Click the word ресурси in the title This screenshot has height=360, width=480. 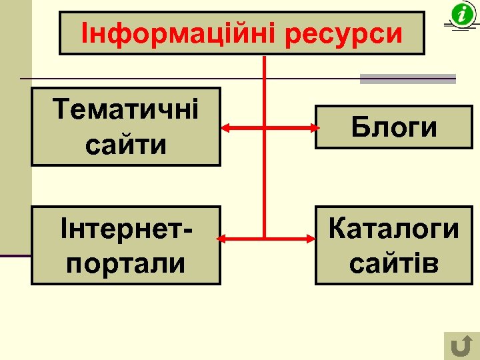tap(345, 34)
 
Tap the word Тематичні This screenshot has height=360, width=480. tap(126, 109)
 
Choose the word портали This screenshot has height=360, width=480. tap(126, 263)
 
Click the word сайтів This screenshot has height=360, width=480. tap(394, 263)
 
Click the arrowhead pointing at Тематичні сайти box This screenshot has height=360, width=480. tap(226, 127)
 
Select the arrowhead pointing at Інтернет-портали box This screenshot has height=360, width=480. tap(226, 238)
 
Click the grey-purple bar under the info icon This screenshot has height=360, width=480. tap(407, 79)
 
